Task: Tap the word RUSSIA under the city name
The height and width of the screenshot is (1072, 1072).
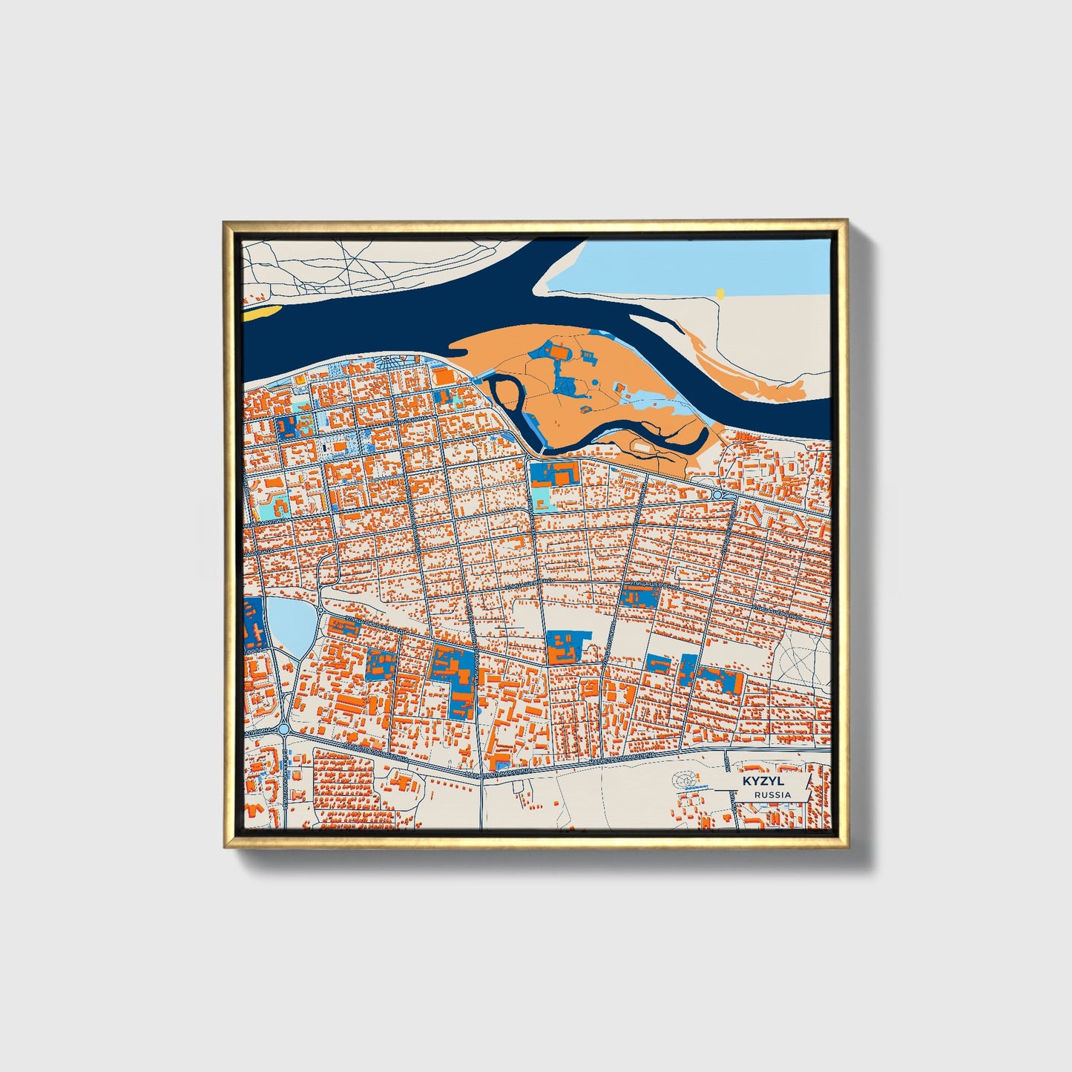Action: click(x=772, y=795)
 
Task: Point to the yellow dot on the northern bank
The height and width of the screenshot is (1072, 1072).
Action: click(x=719, y=294)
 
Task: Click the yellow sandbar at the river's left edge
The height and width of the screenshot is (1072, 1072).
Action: click(x=260, y=312)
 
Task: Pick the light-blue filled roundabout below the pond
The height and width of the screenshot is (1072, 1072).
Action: click(x=283, y=730)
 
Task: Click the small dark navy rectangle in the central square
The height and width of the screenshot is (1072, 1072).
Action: click(x=325, y=449)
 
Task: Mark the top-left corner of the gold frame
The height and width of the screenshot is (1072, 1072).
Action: click(x=226, y=223)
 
